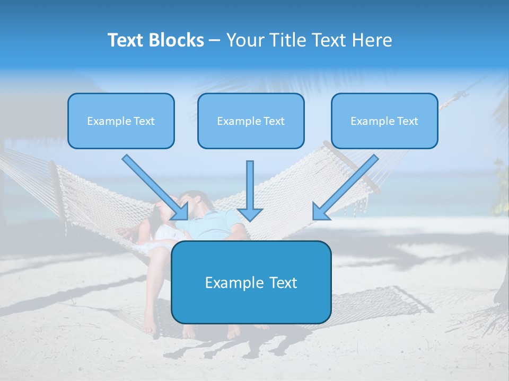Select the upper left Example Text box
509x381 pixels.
[x=121, y=121]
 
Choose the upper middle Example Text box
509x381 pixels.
[x=251, y=121]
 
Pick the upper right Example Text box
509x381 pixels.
[x=384, y=121]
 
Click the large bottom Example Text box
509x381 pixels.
[x=251, y=282]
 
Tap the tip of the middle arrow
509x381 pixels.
[x=250, y=220]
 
